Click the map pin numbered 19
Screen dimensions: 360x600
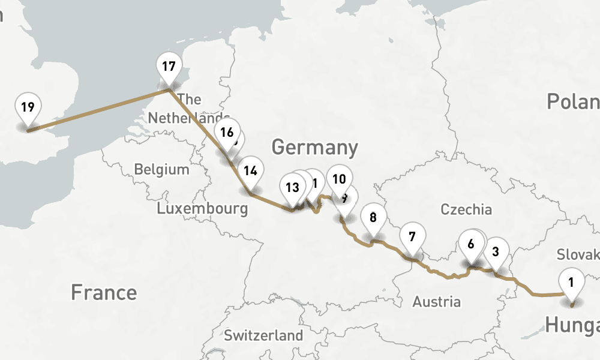[x=27, y=108]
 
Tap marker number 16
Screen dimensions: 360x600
[x=226, y=132]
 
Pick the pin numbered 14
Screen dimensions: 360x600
[x=250, y=170]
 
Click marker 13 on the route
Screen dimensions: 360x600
[x=292, y=187]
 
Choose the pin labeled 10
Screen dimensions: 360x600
[x=339, y=179]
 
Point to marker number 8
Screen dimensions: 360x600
[x=373, y=217]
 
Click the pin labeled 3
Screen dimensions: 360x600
[x=496, y=251]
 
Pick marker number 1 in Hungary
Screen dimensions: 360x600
[x=571, y=281]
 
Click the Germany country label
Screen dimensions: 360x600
[x=314, y=147]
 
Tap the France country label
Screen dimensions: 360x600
[x=104, y=293]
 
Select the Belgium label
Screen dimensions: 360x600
[x=161, y=169]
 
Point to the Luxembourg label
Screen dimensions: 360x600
[x=202, y=209]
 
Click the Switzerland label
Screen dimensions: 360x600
[x=263, y=335]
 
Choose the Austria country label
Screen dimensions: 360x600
[x=436, y=302]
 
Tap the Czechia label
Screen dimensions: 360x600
[x=466, y=209]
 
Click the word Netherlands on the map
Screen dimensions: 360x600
[x=188, y=118]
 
